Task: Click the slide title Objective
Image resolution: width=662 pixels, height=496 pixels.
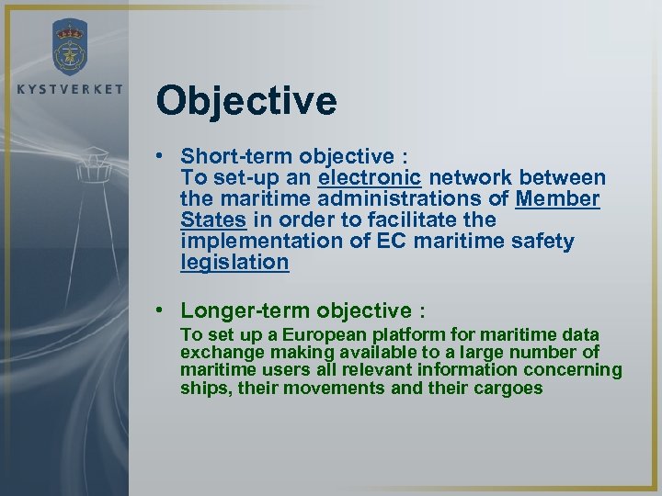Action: click(246, 101)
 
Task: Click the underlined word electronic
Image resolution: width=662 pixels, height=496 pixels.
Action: click(370, 177)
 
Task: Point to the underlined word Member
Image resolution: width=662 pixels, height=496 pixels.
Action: click(558, 198)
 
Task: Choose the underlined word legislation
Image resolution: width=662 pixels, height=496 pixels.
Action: click(234, 262)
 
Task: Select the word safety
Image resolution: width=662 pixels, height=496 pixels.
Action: click(542, 241)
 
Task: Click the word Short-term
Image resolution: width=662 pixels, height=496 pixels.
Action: click(234, 155)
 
